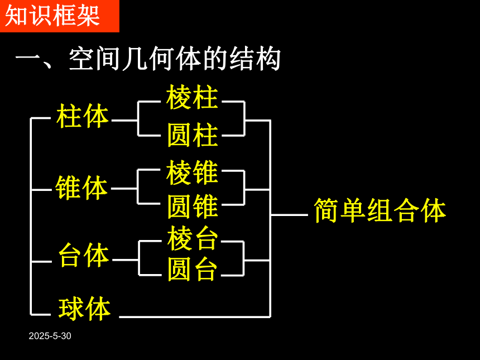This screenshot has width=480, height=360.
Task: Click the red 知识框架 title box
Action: click(59, 16)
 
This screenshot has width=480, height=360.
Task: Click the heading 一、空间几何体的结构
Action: click(148, 59)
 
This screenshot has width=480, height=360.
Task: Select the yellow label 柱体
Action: click(83, 116)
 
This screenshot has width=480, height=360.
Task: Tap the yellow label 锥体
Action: click(81, 188)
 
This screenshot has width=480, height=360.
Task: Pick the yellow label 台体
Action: click(84, 255)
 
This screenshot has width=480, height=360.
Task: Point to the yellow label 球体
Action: click(84, 309)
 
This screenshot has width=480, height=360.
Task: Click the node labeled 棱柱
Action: click(192, 97)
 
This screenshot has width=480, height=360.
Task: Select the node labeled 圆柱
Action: click(193, 135)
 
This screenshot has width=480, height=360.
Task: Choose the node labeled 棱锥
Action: click(192, 172)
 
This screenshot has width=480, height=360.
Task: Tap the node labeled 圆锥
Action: click(193, 206)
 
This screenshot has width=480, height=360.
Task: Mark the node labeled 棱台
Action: click(193, 238)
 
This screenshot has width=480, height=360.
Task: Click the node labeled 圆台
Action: click(193, 269)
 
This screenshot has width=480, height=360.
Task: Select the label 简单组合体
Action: click(380, 210)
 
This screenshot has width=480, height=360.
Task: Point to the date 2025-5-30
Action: click(50, 336)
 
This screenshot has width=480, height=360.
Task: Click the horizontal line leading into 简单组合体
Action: click(289, 215)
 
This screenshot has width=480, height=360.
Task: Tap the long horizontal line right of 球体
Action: click(195, 316)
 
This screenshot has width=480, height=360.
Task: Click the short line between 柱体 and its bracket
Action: click(124, 121)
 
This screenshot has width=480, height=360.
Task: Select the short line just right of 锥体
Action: click(124, 189)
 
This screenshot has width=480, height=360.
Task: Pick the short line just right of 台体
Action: click(125, 260)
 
